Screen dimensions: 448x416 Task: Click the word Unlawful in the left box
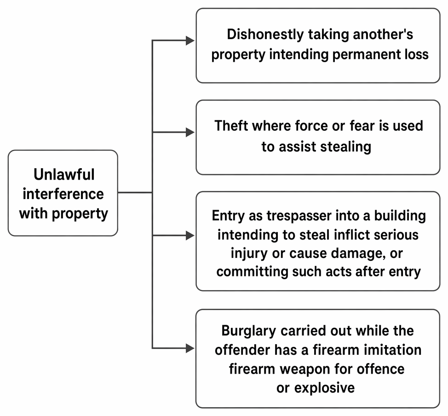click(x=64, y=174)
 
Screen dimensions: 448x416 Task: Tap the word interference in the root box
click(x=63, y=194)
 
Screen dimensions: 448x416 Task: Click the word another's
click(x=383, y=34)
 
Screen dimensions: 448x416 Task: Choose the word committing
click(x=252, y=271)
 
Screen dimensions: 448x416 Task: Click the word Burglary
click(x=249, y=331)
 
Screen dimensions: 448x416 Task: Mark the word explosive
click(x=325, y=388)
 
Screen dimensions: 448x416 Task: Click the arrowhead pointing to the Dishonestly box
click(x=190, y=41)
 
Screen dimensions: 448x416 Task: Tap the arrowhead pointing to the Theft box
click(x=190, y=132)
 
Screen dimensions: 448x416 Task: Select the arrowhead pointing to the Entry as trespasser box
click(x=190, y=235)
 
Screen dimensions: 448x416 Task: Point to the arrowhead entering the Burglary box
click(x=190, y=348)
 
